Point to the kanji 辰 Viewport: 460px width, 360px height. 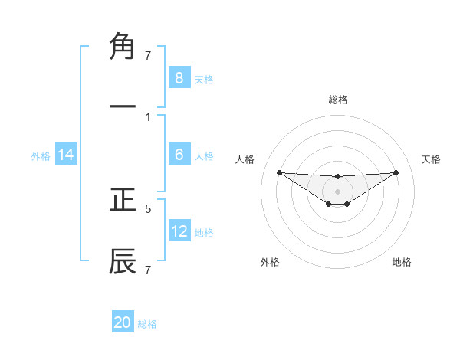click(x=123, y=261)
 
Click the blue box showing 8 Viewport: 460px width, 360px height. click(x=179, y=77)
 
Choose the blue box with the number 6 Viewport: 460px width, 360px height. click(x=179, y=155)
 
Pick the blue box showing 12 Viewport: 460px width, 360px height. click(x=179, y=231)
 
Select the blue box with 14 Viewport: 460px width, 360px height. click(x=66, y=155)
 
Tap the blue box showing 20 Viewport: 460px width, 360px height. click(x=123, y=322)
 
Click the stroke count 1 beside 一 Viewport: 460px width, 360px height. click(x=148, y=117)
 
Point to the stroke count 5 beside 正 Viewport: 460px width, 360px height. click(x=148, y=208)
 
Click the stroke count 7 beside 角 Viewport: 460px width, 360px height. click(x=148, y=55)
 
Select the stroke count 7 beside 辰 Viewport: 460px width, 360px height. click(x=148, y=270)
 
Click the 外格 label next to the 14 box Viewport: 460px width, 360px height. click(x=41, y=156)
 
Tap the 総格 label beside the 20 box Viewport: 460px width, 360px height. click(x=147, y=324)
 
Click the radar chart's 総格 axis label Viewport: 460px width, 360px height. click(x=337, y=100)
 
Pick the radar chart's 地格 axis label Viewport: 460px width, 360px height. click(x=402, y=262)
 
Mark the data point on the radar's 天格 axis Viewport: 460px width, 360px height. click(x=396, y=172)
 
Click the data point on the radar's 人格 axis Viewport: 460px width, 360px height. click(x=279, y=172)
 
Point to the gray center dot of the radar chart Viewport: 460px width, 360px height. click(x=337, y=191)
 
